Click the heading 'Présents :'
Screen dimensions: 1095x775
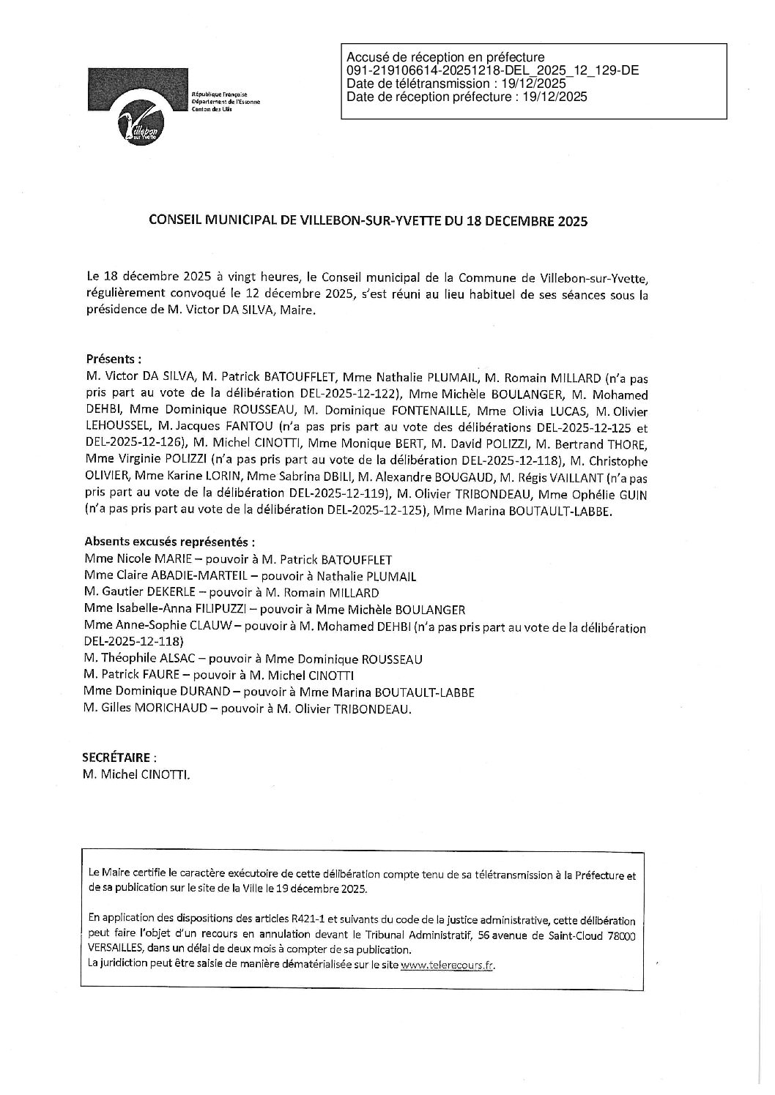pyautogui.click(x=114, y=359)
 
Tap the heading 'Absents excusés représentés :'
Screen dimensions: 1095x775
pyautogui.click(x=170, y=542)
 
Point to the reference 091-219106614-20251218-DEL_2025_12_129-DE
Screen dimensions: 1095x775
pyautogui.click(x=492, y=70)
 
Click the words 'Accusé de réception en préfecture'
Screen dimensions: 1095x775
pyautogui.click(x=445, y=57)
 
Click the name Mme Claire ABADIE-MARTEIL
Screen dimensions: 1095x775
pyautogui.click(x=157, y=576)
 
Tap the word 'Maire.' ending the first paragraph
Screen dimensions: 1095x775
pyautogui.click(x=301, y=312)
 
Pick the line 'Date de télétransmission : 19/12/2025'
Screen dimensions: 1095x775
pyautogui.click(x=456, y=83)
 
